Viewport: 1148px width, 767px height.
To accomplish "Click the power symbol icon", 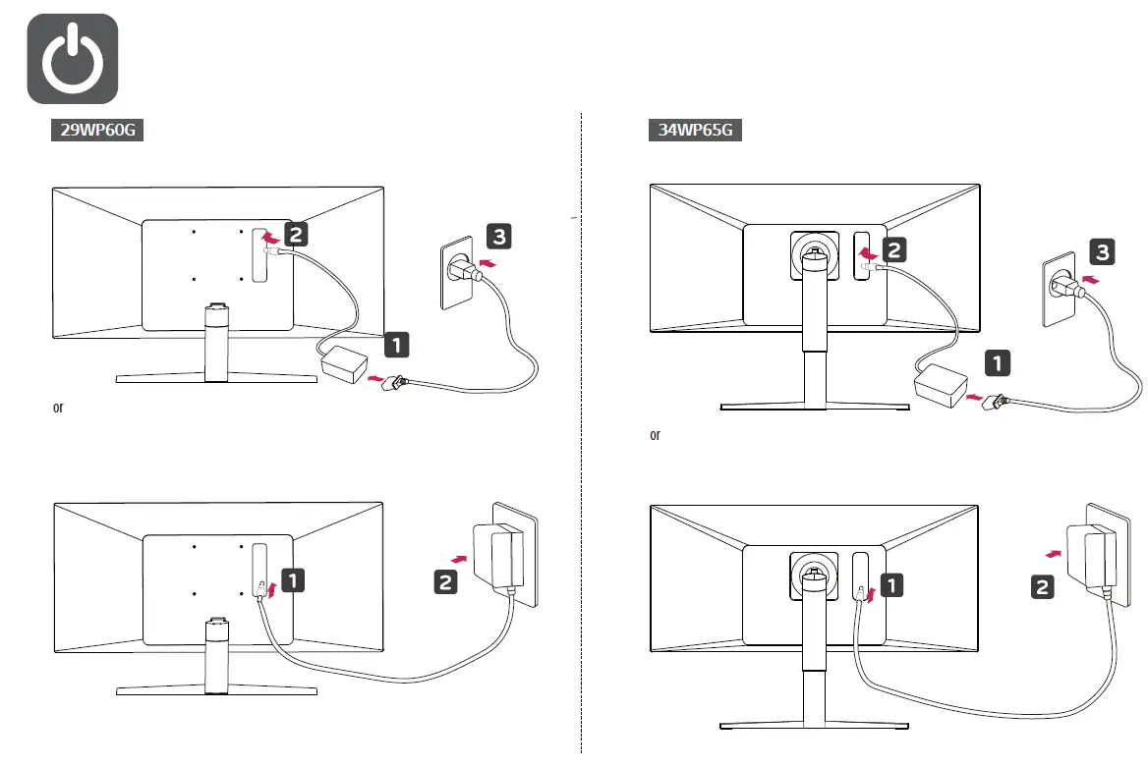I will (73, 59).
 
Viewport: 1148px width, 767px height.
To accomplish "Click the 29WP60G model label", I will (96, 130).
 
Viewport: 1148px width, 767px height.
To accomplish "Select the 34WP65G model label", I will (694, 130).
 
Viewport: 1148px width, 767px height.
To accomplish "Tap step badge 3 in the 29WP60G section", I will (498, 237).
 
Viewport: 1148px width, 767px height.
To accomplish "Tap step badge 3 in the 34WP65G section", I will (1102, 253).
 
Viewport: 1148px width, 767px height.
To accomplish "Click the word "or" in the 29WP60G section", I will (58, 408).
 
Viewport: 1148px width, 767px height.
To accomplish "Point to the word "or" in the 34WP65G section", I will (656, 435).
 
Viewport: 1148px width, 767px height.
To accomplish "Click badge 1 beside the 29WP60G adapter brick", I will (396, 345).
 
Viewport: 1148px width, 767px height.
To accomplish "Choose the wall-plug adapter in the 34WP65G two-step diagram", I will (1098, 557).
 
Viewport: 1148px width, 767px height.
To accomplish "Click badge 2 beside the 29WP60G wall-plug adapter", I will (445, 581).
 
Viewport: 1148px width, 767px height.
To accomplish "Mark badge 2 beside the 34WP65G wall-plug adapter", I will (1043, 587).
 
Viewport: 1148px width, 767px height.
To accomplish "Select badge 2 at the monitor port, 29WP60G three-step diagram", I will (296, 234).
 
